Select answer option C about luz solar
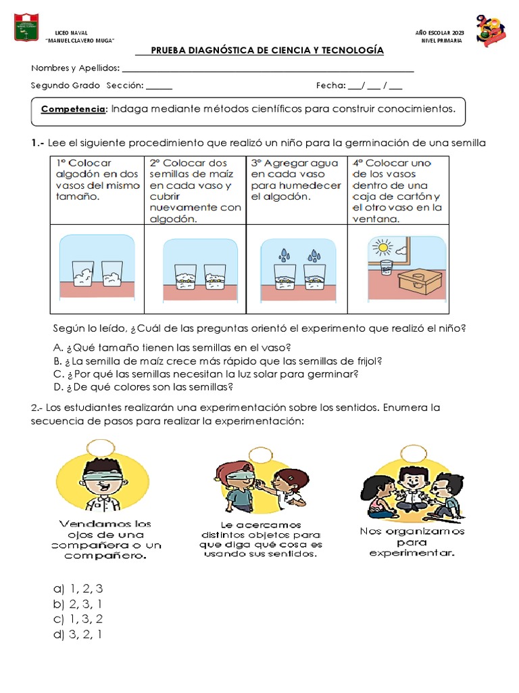tap(205, 374)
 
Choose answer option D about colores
tap(143, 387)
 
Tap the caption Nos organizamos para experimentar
tap(412, 542)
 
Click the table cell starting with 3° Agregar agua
tap(296, 179)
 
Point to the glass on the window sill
tap(386, 267)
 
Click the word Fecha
tap(330, 85)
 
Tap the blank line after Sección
tap(159, 87)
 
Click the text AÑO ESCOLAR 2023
tap(439, 33)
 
